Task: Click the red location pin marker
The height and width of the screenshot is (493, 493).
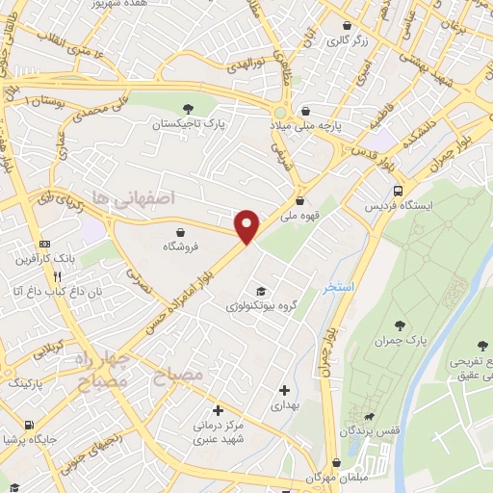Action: coord(247,226)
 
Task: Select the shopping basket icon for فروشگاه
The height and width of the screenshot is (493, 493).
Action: coord(181,230)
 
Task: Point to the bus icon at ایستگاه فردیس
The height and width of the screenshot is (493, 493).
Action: coord(398,190)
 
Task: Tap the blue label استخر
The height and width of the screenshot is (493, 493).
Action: coord(339,286)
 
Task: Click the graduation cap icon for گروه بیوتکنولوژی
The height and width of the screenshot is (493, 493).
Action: coord(261,291)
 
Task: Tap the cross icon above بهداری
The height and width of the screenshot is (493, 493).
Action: coord(284,390)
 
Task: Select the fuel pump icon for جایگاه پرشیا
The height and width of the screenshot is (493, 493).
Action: coord(31,425)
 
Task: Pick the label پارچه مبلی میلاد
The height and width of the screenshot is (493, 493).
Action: coord(305,126)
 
